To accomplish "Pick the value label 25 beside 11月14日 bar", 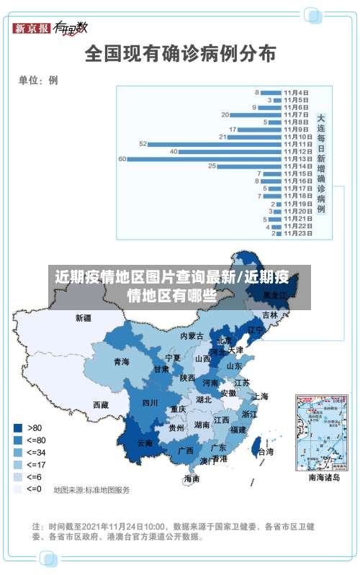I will (x=212, y=166).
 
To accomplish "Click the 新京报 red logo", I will (x=32, y=28).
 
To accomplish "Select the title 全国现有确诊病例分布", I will (x=180, y=53).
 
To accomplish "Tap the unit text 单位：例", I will (x=38, y=80).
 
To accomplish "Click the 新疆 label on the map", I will (x=84, y=317).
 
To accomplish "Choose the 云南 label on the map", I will (x=145, y=443).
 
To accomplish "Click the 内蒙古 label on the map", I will (x=192, y=336).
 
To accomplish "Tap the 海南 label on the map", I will (x=191, y=479).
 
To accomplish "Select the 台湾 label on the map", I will (x=265, y=452).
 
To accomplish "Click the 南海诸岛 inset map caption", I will (x=324, y=476).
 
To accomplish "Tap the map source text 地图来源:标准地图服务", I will (x=91, y=490).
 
